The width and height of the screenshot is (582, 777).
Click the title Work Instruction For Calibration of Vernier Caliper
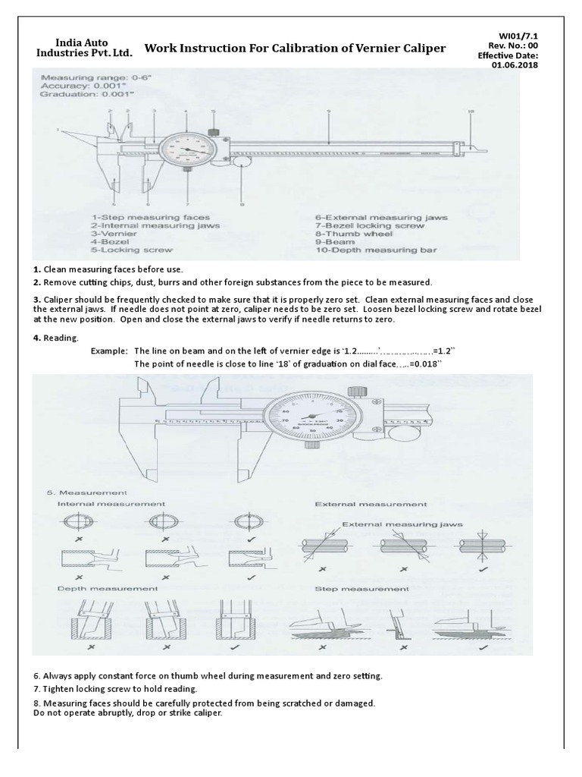click(x=295, y=49)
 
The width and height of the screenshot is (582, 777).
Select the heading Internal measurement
click(x=111, y=504)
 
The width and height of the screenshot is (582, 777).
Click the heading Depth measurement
click(x=108, y=588)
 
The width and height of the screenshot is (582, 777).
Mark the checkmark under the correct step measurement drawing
click(x=481, y=650)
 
